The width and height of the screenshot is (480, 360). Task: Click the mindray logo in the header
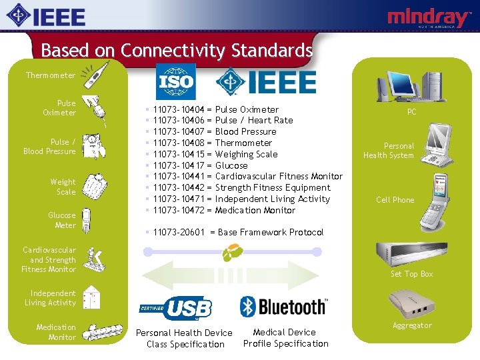click(429, 18)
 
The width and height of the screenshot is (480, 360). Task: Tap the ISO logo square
click(175, 82)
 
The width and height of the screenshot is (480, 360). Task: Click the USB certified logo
click(176, 308)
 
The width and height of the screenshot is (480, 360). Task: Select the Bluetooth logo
click(283, 307)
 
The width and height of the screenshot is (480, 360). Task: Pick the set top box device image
click(407, 252)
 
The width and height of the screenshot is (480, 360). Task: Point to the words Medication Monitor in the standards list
click(255, 210)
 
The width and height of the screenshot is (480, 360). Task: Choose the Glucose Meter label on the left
click(62, 220)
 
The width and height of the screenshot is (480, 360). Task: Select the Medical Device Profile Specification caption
click(285, 338)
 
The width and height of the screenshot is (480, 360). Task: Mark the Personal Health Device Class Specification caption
click(184, 339)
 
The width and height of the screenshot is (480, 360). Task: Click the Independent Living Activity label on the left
click(51, 298)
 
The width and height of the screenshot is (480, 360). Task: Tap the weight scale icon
click(97, 186)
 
